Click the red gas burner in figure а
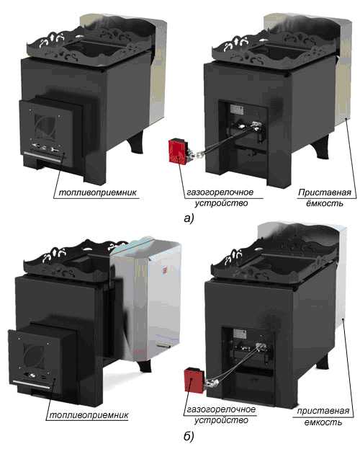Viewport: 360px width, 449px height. (x=179, y=151)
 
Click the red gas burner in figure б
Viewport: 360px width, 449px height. (x=195, y=381)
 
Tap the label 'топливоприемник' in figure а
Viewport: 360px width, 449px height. (x=98, y=192)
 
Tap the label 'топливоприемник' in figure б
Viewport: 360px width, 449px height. (x=89, y=416)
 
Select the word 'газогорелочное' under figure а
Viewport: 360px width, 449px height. (x=220, y=192)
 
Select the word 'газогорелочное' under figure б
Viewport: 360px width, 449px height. (x=221, y=409)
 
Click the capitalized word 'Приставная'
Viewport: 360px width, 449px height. (x=324, y=192)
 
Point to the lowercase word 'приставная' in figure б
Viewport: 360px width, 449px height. (x=323, y=412)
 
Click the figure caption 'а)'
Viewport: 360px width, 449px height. (x=189, y=218)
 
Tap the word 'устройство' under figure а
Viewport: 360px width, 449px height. (x=221, y=203)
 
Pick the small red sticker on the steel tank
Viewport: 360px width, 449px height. (x=165, y=270)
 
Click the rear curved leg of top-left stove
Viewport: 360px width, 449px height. (x=136, y=142)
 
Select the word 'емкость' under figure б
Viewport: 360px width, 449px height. (x=323, y=422)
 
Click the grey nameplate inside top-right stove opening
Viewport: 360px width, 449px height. (x=237, y=110)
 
